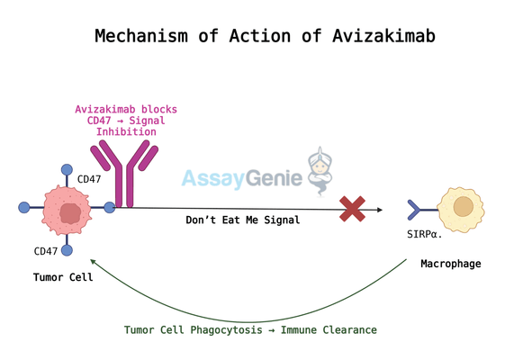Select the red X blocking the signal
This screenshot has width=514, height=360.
[x=352, y=209]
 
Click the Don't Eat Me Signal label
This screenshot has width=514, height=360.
[x=242, y=220]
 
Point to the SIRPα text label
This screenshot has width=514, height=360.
[x=424, y=234]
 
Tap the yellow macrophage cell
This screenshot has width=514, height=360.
[x=462, y=209]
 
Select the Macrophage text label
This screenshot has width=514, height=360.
[x=450, y=264]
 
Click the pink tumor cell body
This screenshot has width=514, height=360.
[x=69, y=212]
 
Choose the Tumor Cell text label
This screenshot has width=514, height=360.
[x=63, y=277]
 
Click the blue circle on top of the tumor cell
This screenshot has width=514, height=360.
[x=67, y=169]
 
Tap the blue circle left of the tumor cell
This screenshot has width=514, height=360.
[x=24, y=208]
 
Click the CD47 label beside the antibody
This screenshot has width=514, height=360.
[x=89, y=179]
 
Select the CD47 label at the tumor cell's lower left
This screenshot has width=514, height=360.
[x=46, y=251]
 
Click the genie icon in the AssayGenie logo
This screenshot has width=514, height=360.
[x=320, y=171]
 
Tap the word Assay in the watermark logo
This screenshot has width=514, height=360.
[x=212, y=178]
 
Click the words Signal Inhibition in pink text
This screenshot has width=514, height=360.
[x=126, y=127]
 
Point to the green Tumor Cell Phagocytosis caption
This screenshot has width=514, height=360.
[x=250, y=330]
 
